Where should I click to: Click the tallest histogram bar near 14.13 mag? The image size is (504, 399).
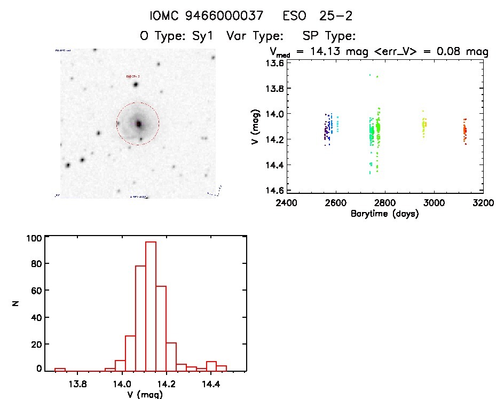[x=151, y=306]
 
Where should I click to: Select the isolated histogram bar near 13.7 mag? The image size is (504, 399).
[x=60, y=370]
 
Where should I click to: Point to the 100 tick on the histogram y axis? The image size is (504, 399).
[x=34, y=239]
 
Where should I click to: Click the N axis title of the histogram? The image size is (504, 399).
[x=15, y=304]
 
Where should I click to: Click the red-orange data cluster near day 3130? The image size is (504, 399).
[x=464, y=131]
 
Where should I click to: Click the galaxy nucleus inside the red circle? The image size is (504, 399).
[x=138, y=123]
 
